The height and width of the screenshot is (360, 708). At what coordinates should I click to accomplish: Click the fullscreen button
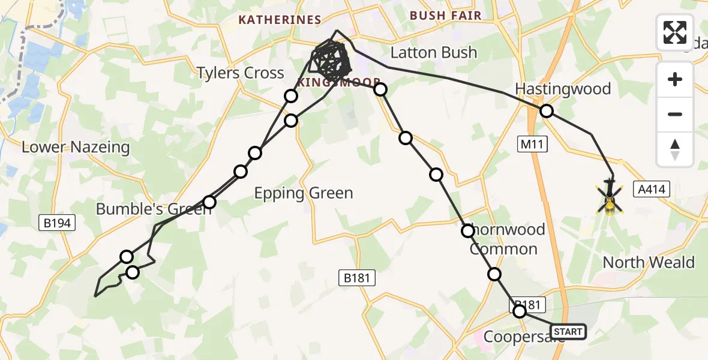click(675, 32)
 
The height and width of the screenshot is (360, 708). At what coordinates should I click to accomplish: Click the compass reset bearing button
click(675, 149)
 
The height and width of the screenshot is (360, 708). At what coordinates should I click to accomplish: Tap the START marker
click(568, 332)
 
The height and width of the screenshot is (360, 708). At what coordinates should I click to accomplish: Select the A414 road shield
click(650, 190)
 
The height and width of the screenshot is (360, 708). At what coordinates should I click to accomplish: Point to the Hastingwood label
click(563, 89)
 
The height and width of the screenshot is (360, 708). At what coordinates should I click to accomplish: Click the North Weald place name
click(648, 262)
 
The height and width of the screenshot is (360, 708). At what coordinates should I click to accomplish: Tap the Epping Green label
click(304, 193)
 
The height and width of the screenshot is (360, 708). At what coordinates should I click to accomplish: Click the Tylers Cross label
click(241, 73)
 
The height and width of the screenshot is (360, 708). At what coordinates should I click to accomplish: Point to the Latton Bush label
click(433, 53)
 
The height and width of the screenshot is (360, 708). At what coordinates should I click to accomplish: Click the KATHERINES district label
click(280, 20)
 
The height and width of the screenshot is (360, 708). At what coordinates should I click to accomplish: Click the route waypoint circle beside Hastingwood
click(547, 111)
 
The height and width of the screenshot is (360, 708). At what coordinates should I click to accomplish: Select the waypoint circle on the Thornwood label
click(468, 230)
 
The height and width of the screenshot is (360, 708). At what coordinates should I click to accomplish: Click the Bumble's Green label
click(145, 209)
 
